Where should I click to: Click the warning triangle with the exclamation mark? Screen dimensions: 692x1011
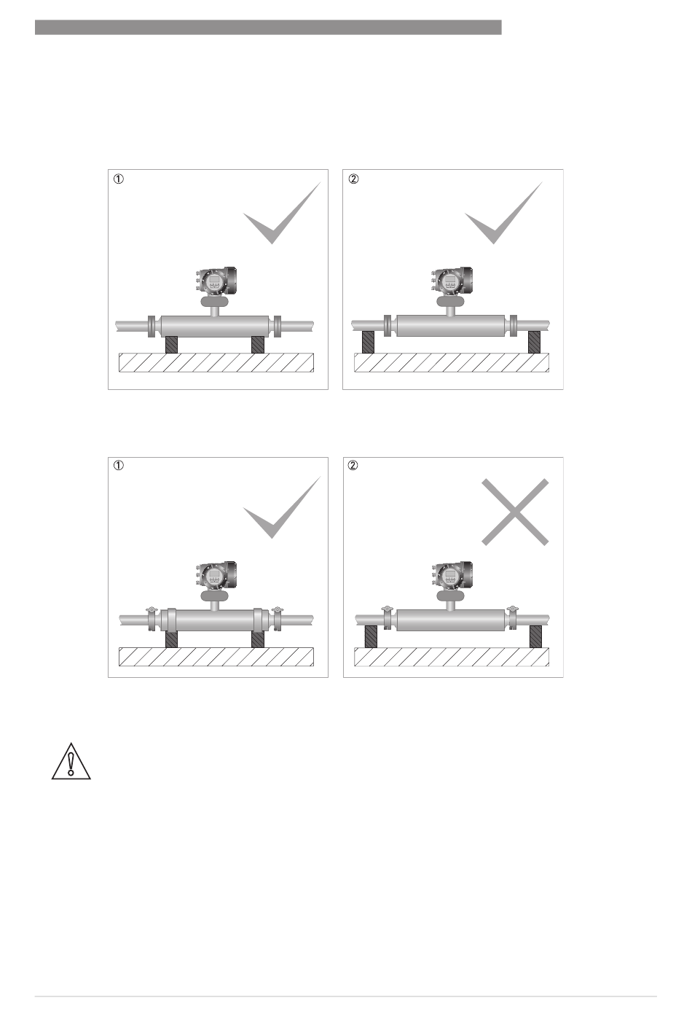pos(71,761)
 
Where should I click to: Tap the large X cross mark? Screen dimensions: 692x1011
pos(515,512)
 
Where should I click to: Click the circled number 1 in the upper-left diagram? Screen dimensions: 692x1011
pos(118,179)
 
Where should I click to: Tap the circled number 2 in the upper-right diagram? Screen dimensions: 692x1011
pos(354,179)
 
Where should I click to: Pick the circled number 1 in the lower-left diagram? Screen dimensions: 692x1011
pos(118,465)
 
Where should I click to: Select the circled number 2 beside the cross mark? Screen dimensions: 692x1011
pos(353,465)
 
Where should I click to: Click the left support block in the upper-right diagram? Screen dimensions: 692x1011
pos(369,342)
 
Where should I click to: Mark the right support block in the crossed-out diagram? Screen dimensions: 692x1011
pos(535,636)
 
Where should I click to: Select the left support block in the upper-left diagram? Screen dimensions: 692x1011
pos(171,345)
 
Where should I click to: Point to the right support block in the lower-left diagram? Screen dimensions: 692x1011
pos(258,639)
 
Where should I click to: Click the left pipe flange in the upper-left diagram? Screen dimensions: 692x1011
pos(152,327)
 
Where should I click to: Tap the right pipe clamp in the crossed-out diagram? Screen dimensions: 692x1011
pos(513,617)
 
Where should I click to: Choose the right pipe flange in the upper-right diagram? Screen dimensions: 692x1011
pos(514,325)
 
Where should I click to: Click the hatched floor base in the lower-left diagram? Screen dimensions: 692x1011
pos(216,657)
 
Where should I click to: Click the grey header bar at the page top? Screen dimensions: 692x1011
pos(268,27)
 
